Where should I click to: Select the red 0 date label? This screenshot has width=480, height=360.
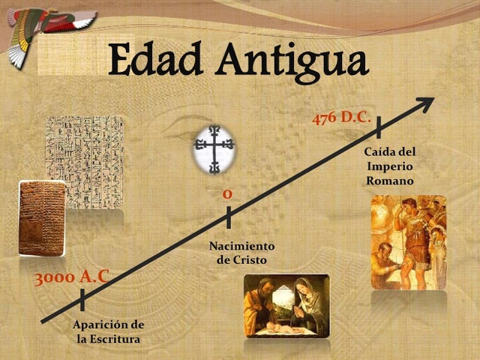(x=227, y=194)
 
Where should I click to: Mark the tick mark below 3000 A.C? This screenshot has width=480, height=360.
(x=82, y=300)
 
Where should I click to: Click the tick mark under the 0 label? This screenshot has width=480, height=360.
(x=229, y=217)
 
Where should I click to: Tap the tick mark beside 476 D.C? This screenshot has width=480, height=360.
(x=379, y=127)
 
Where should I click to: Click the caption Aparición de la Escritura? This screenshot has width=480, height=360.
(x=108, y=331)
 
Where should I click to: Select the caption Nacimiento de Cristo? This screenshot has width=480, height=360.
(x=241, y=253)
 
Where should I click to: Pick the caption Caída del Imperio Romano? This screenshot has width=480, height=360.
(x=389, y=166)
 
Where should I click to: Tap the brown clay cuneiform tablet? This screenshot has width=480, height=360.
(x=41, y=217)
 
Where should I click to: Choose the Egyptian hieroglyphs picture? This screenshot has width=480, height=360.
(x=85, y=161)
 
